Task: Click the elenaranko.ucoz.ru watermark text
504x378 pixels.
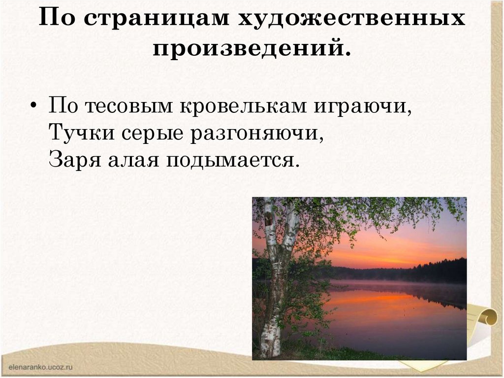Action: [x=40, y=367]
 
